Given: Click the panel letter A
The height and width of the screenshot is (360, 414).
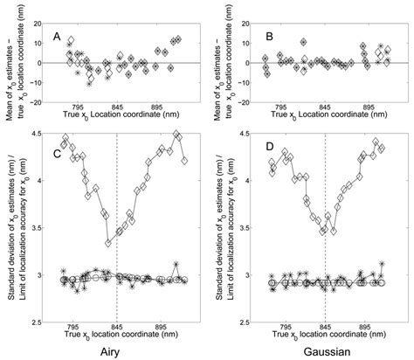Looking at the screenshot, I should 57,37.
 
